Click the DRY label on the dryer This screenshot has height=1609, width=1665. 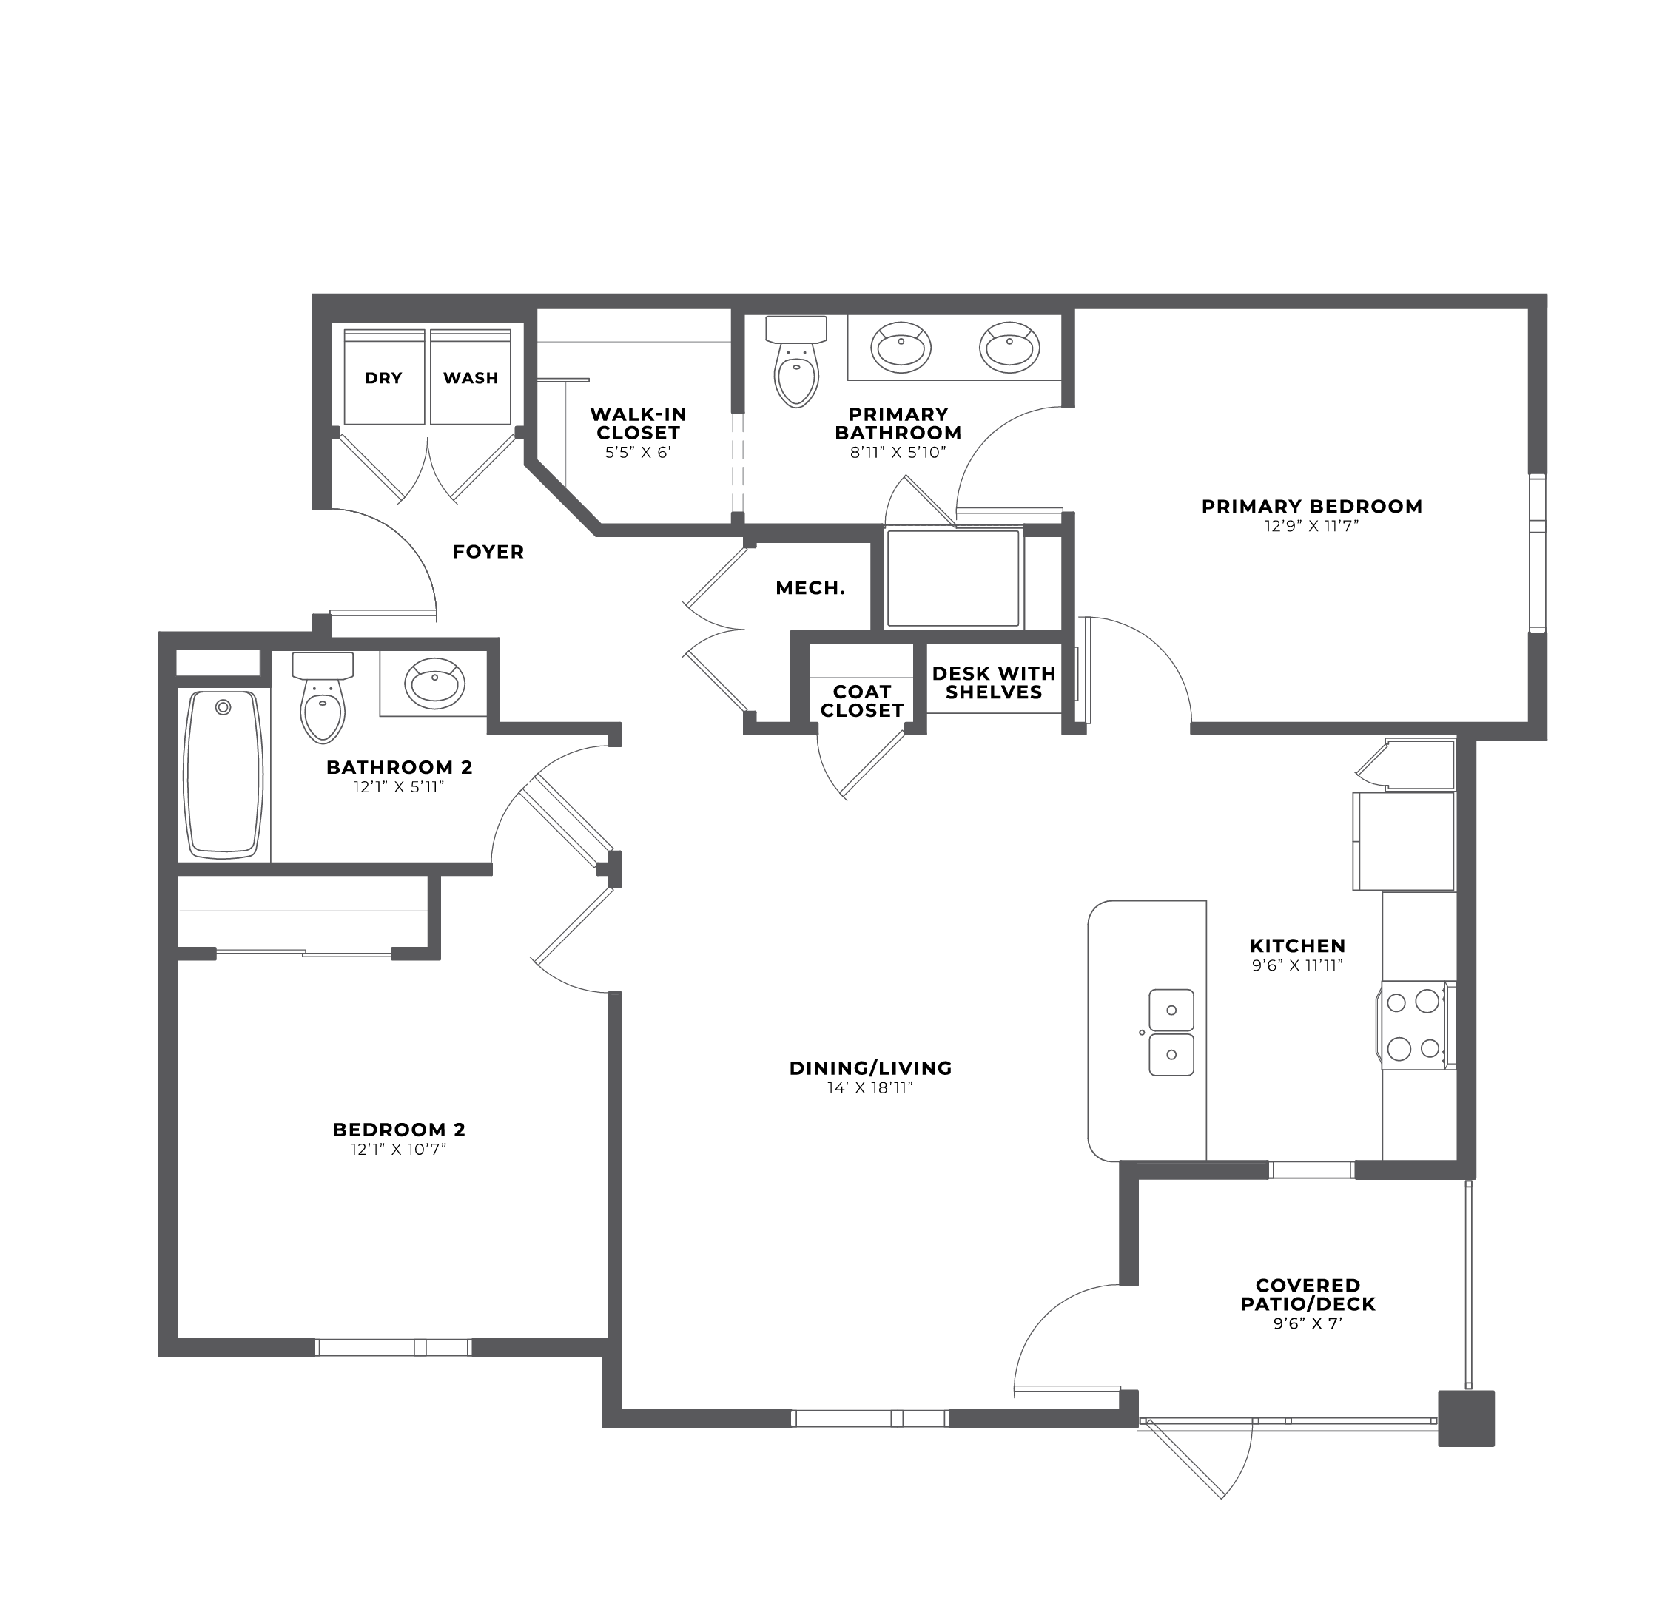tap(383, 378)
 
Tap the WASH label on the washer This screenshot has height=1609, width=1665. tap(471, 378)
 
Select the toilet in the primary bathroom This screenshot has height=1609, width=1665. tap(797, 361)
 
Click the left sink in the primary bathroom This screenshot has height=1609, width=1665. tap(901, 346)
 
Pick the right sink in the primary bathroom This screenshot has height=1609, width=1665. tap(1010, 346)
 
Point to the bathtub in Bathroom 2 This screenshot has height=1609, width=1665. tap(224, 774)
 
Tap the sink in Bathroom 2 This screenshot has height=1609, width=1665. tap(435, 684)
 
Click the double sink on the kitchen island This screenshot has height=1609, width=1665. tap(1171, 1033)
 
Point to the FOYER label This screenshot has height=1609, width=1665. tap(488, 552)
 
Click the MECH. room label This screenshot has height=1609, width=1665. tap(810, 587)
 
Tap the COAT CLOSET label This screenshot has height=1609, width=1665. tap(862, 701)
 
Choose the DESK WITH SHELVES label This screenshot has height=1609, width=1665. tap(994, 683)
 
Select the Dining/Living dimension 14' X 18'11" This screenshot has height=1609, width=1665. tap(870, 1087)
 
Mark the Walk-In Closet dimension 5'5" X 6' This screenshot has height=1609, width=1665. tap(638, 453)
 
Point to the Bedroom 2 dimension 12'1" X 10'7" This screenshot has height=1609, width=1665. tap(398, 1150)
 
